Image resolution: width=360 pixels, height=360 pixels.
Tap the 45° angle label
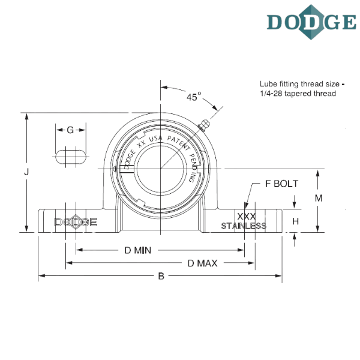tap(193, 96)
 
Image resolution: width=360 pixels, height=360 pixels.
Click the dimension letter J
tap(26, 172)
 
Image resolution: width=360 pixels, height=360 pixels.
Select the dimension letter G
tap(70, 130)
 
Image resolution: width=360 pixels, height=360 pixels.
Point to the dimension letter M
tap(319, 197)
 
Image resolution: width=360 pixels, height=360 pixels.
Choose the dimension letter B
tap(160, 277)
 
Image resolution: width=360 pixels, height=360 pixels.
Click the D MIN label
tap(137, 249)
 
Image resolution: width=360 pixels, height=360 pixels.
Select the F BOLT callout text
tap(281, 184)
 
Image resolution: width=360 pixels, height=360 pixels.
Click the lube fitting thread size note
tap(298, 89)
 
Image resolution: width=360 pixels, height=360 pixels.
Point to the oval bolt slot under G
tap(70, 158)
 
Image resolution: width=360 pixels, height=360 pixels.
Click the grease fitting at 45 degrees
tap(203, 125)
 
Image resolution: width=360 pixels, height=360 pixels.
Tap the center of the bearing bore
tap(161, 170)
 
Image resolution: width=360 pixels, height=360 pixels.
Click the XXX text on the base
tap(247, 215)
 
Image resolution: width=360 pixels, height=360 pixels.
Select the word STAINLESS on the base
tap(244, 226)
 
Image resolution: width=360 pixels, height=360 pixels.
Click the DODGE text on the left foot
tap(76, 221)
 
